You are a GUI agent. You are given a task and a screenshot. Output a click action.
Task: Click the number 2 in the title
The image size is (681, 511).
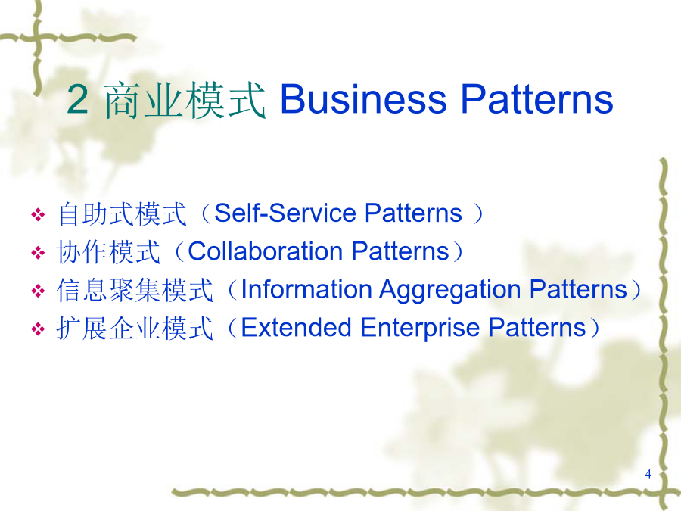pos(78,100)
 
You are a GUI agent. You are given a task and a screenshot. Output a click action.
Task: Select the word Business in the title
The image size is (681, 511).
pos(363,99)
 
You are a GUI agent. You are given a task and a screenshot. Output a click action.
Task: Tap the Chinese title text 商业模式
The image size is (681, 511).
pos(185,101)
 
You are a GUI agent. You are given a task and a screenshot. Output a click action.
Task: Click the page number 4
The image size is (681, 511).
pos(648,474)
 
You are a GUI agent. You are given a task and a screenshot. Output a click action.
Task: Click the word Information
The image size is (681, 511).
pos(306,289)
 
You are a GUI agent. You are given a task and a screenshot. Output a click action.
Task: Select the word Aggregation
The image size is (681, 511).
pos(450,290)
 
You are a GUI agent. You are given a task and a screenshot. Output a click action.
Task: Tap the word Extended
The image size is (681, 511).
pos(296,327)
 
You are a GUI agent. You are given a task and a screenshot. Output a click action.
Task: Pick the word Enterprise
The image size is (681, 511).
pos(419,328)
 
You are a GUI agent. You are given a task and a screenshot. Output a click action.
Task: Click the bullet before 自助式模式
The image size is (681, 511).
pos(38,214)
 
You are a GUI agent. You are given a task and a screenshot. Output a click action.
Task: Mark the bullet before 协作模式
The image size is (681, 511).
pos(38,252)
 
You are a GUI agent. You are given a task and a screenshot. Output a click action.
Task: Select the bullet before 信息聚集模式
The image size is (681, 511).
pos(38,291)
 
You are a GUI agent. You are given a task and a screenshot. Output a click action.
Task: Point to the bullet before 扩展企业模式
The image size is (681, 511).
pos(38,329)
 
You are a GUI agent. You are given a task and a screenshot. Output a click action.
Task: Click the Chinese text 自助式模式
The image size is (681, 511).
pos(122,213)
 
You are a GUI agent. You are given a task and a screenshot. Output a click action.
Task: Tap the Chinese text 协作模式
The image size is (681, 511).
pos(108,252)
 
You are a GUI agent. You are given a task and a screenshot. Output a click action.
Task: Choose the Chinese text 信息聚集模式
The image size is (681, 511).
pos(135,290)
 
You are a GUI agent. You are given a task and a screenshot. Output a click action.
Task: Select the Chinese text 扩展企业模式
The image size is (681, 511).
pos(135,329)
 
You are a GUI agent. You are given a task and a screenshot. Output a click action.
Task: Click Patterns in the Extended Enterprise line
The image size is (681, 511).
pos(536,327)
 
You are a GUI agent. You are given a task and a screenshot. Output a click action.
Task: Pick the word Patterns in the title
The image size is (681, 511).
pos(536,99)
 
